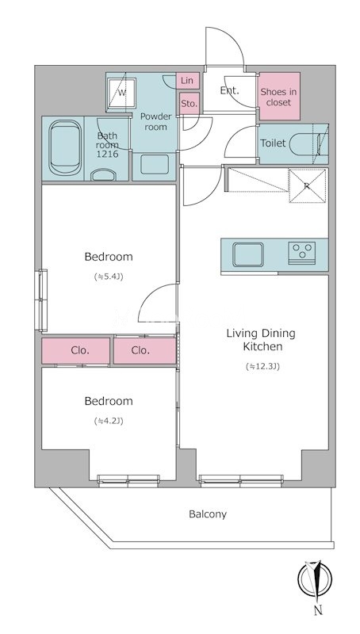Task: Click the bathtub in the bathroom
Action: click(65, 148)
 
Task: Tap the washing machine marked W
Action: click(121, 94)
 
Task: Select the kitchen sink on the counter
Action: click(248, 254)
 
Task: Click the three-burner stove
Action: click(302, 253)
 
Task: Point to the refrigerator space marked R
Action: click(308, 186)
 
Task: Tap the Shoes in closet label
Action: click(278, 97)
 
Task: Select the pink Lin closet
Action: click(188, 81)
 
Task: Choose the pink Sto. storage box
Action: click(189, 104)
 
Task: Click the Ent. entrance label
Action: click(229, 90)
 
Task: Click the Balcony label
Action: click(208, 514)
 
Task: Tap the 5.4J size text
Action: click(109, 277)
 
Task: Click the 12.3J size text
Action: click(263, 367)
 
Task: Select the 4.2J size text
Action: click(109, 421)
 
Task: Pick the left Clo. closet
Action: click(75, 350)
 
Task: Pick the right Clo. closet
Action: click(145, 350)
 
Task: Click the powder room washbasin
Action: click(155, 164)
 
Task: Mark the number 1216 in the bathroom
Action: click(107, 154)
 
